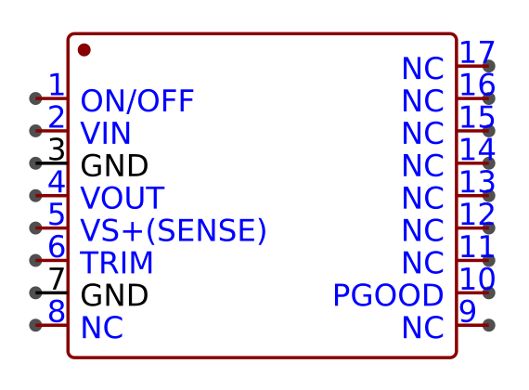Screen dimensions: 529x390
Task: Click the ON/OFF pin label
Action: (137, 101)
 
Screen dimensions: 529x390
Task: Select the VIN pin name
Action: (106, 134)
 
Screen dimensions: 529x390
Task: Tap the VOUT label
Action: (123, 198)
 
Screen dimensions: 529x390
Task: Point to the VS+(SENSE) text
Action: (174, 230)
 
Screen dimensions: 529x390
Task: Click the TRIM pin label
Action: (117, 263)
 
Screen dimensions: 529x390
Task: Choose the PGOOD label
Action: (388, 295)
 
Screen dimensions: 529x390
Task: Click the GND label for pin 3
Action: (114, 166)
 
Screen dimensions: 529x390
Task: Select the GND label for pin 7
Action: (114, 295)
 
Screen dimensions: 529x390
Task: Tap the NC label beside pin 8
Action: (102, 328)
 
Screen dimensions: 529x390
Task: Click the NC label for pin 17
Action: (423, 69)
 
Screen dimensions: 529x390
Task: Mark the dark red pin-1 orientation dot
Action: (84, 50)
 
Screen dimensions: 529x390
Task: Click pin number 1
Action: (57, 84)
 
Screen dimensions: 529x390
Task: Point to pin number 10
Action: (477, 279)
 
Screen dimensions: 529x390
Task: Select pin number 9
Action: (468, 311)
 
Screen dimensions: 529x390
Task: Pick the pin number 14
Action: (477, 149)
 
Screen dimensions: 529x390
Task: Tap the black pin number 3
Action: (57, 149)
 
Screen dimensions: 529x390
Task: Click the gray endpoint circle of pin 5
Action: (36, 227)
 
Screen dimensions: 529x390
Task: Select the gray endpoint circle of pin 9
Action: (489, 325)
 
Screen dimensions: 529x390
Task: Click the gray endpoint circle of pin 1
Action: (36, 98)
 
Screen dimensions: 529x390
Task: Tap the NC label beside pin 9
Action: (423, 328)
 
